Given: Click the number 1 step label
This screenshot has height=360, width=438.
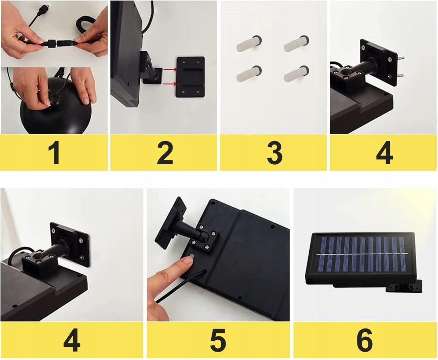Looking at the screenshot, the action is [53, 152].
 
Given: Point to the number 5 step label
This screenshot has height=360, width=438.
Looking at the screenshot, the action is [218, 340].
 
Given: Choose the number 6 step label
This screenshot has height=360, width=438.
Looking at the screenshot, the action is [364, 340].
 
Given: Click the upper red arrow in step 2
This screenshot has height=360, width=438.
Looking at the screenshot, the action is [170, 69].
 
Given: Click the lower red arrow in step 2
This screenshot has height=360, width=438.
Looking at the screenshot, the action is [170, 84].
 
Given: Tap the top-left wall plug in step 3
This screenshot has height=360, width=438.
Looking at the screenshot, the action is [249, 43].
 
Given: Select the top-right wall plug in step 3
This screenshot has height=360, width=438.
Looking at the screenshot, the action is [297, 43].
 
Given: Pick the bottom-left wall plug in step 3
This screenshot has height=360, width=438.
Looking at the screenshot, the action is [249, 74].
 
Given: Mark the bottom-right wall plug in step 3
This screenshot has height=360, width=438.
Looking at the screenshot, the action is [297, 74].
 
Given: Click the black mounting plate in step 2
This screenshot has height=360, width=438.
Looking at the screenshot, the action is [191, 77].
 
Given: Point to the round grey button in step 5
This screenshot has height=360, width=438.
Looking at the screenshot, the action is [192, 255].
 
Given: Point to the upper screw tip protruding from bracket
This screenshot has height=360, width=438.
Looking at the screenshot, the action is [403, 58].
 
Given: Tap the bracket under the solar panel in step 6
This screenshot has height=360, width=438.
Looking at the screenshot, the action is [404, 286].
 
